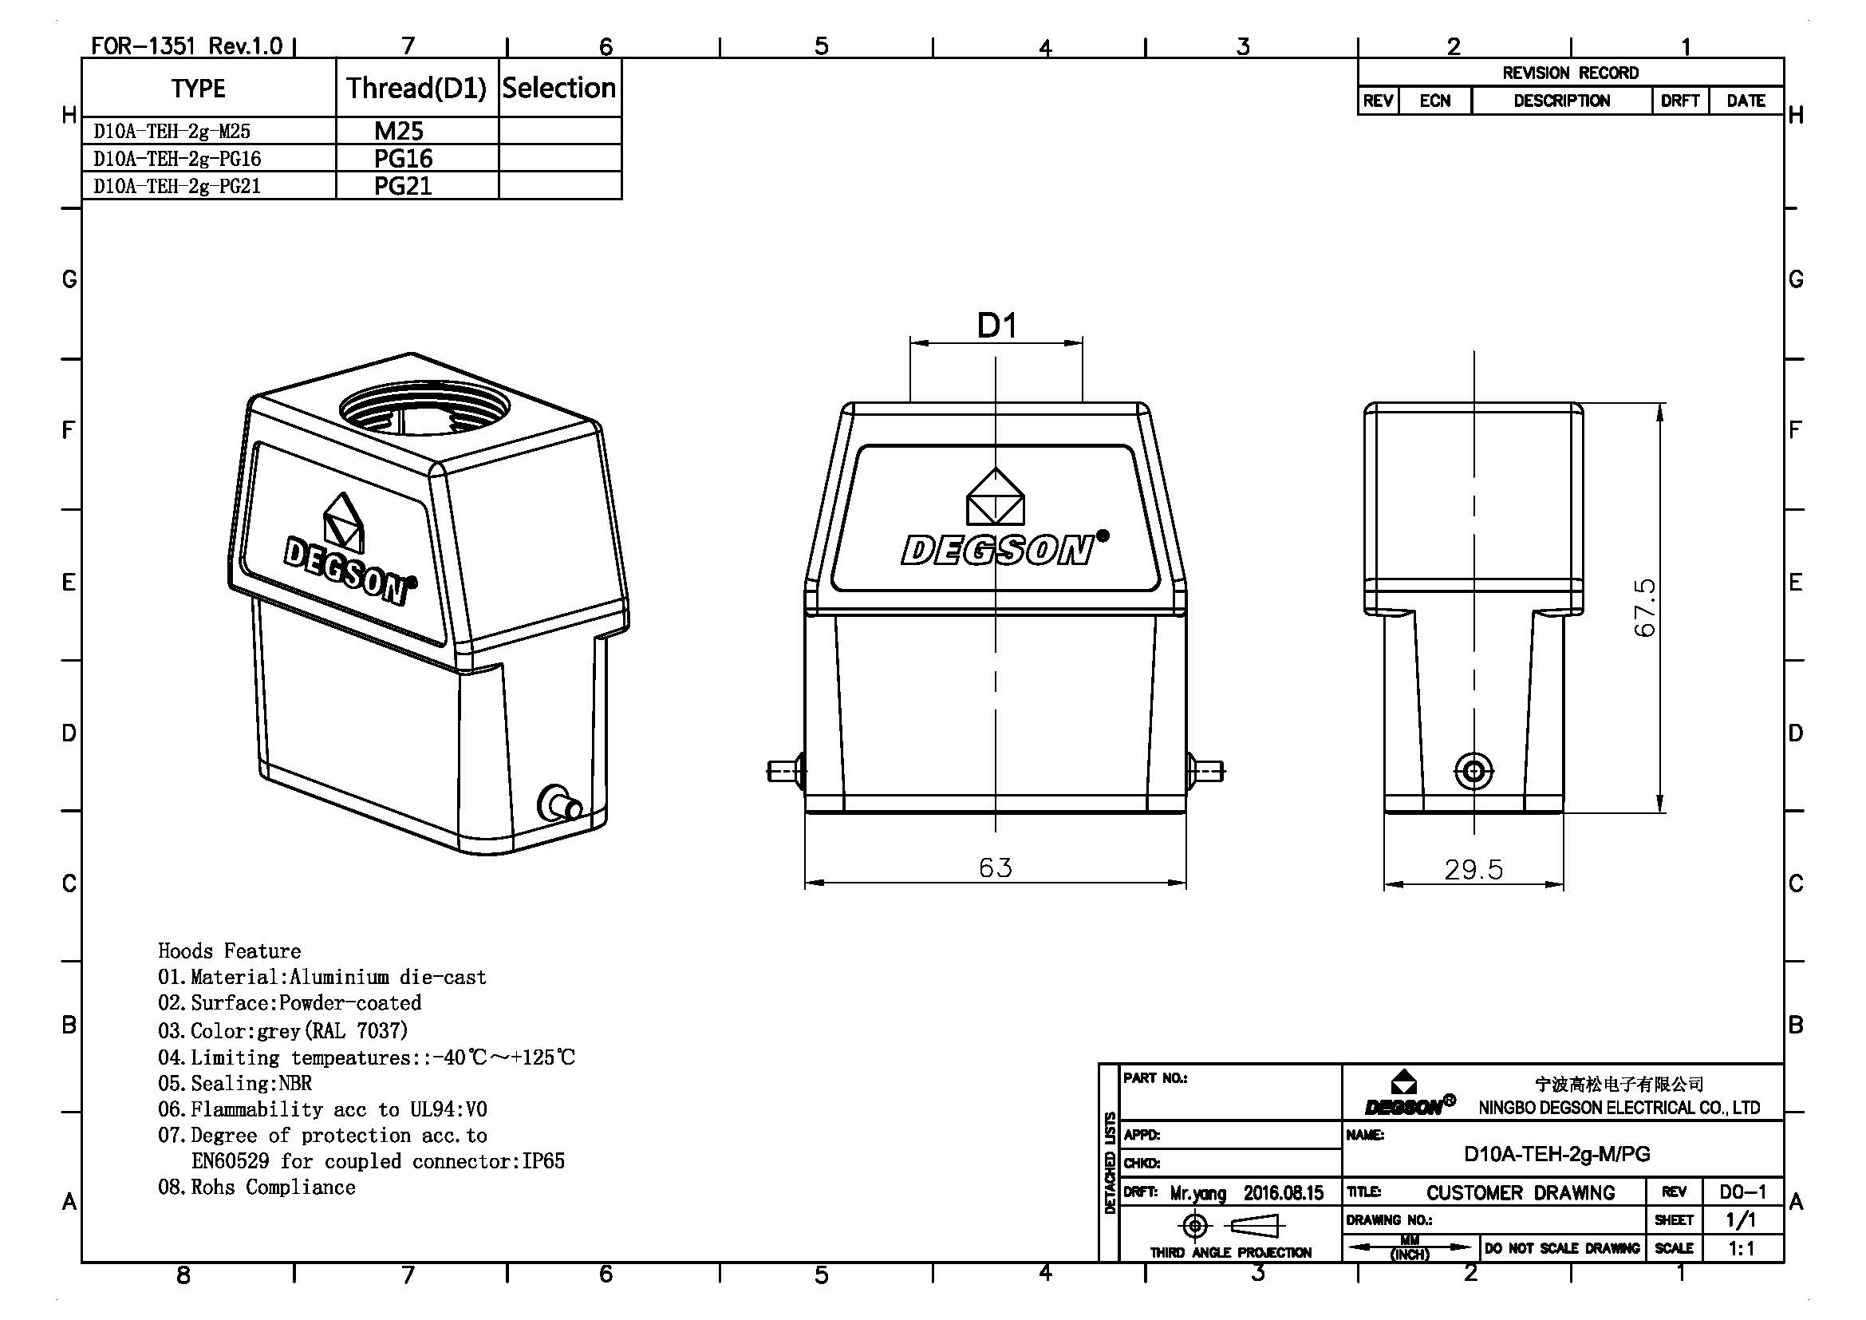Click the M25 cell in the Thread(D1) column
point(399,131)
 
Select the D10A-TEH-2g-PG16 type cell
point(177,159)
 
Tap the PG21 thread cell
point(402,186)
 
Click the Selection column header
point(559,88)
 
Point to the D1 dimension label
point(996,326)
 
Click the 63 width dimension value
point(996,868)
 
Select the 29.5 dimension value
point(1473,870)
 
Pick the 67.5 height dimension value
point(1644,607)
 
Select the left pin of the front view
point(785,769)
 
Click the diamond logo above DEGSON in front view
point(995,496)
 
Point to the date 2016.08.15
point(1284,1192)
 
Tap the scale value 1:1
point(1740,1248)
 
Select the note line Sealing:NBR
point(235,1084)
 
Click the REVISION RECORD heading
point(1569,73)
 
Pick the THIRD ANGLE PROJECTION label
point(1229,1252)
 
